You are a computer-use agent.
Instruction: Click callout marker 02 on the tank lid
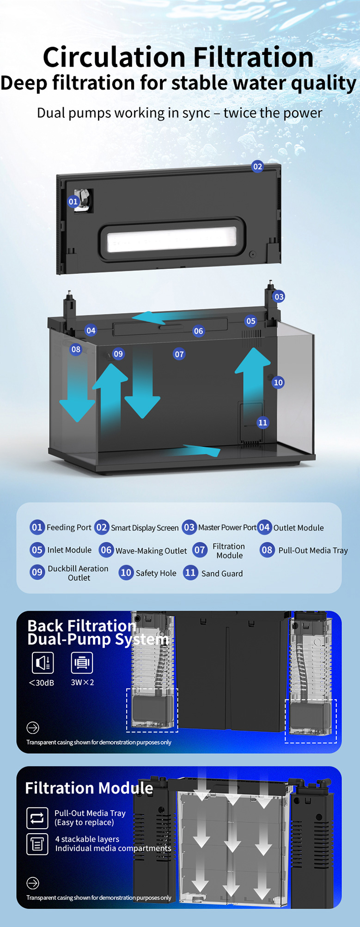257,166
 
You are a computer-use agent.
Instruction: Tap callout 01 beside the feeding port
73,201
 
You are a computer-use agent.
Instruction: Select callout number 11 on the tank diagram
262,422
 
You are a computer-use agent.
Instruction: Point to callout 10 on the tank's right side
278,382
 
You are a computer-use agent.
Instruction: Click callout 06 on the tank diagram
198,331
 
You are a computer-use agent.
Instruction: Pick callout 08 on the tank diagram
76,349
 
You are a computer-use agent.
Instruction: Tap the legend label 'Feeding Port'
69,527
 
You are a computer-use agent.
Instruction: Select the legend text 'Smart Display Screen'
145,528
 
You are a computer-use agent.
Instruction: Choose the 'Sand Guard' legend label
222,574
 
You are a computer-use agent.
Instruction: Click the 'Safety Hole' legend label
156,573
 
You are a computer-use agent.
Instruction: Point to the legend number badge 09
37,572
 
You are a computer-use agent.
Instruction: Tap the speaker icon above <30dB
43,663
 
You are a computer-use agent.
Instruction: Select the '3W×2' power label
82,682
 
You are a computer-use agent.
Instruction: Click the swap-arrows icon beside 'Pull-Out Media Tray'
37,818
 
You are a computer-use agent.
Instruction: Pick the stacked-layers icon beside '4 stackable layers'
37,844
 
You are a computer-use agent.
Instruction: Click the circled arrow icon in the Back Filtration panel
33,727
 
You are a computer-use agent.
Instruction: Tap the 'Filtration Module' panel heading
89,788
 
